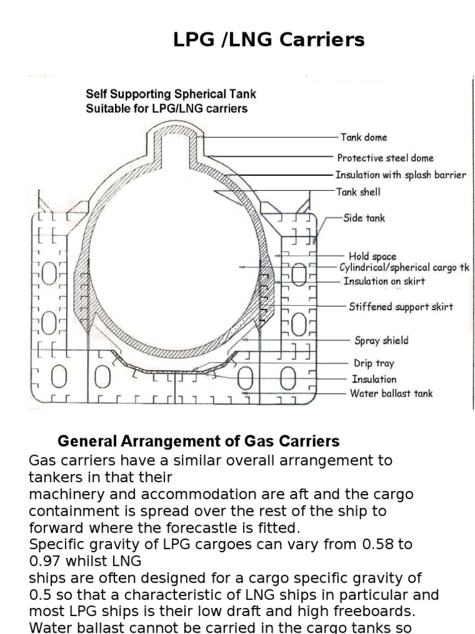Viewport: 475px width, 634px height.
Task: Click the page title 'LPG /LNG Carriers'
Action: click(x=268, y=40)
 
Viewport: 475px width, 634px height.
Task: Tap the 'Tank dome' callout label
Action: click(x=364, y=137)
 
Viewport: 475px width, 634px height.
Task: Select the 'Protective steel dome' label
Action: click(x=385, y=158)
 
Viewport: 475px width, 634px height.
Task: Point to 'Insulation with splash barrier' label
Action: click(x=401, y=175)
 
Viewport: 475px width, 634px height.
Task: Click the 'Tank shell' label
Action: click(x=358, y=192)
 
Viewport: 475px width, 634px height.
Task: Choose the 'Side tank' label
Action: click(x=364, y=218)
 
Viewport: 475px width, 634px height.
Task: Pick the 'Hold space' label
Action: click(x=372, y=256)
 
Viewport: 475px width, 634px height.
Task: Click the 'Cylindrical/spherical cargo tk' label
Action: click(x=404, y=267)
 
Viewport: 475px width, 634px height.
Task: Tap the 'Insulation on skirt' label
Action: click(x=384, y=281)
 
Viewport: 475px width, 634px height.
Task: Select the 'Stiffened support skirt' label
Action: click(x=401, y=306)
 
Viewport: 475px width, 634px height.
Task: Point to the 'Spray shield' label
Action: click(x=382, y=341)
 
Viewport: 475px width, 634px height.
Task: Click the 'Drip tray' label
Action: click(x=374, y=363)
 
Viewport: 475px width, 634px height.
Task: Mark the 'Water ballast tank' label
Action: click(x=392, y=393)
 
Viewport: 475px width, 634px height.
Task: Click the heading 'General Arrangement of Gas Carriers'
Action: click(x=199, y=441)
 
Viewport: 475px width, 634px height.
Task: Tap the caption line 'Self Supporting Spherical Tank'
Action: click(x=171, y=95)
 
